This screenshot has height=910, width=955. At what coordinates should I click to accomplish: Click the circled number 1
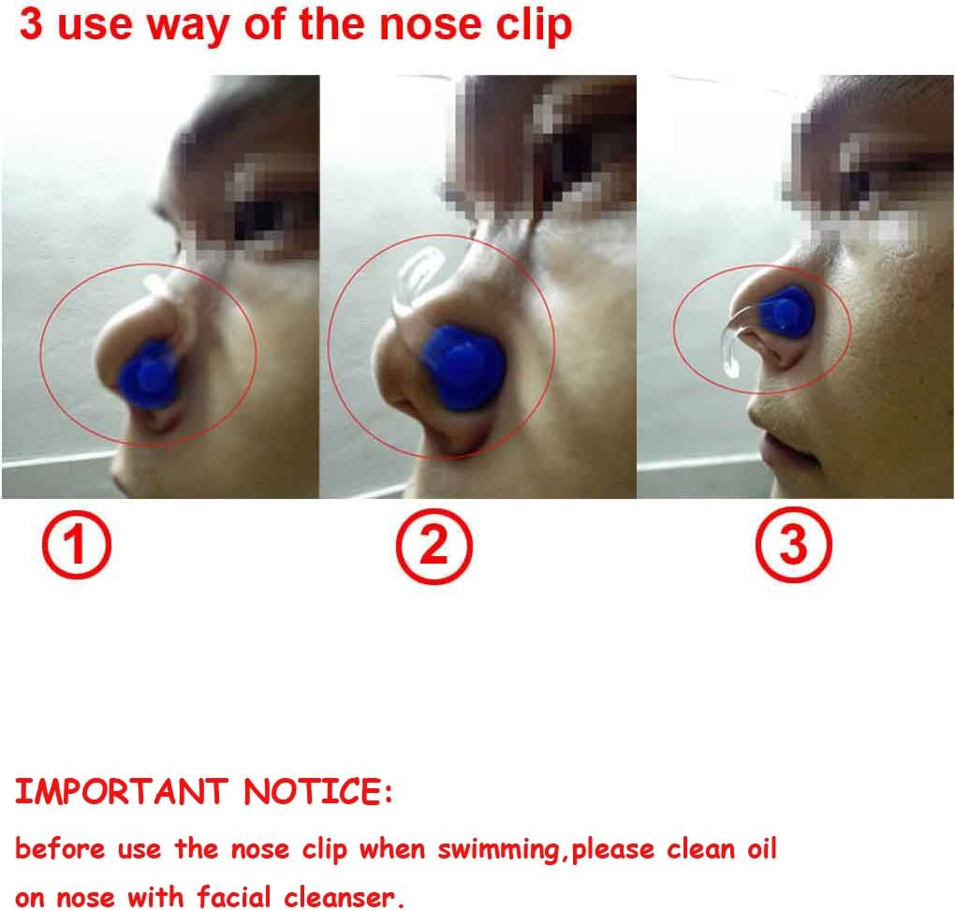[76, 548]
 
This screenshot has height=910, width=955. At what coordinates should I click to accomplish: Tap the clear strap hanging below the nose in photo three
[729, 351]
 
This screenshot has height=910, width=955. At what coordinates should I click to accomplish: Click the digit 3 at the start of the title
[30, 25]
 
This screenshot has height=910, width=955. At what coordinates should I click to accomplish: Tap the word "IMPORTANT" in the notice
[121, 793]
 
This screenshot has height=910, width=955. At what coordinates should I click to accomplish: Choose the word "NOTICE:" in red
[318, 793]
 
